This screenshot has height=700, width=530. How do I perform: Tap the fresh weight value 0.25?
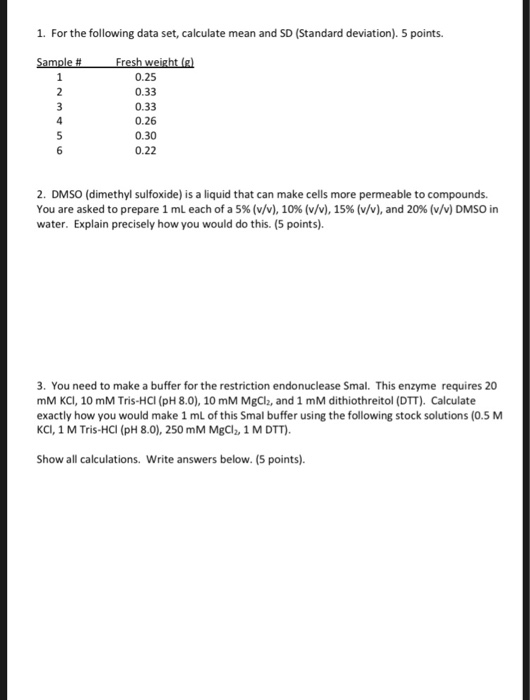click(145, 75)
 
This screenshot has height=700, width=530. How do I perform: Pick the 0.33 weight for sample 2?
click(145, 90)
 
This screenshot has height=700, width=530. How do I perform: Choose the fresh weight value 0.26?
click(145, 120)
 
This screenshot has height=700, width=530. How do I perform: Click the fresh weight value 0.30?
click(145, 135)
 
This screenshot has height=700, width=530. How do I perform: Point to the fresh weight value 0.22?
click(145, 150)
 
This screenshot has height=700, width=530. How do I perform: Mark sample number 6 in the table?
click(59, 150)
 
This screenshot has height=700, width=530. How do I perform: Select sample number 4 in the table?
click(59, 120)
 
